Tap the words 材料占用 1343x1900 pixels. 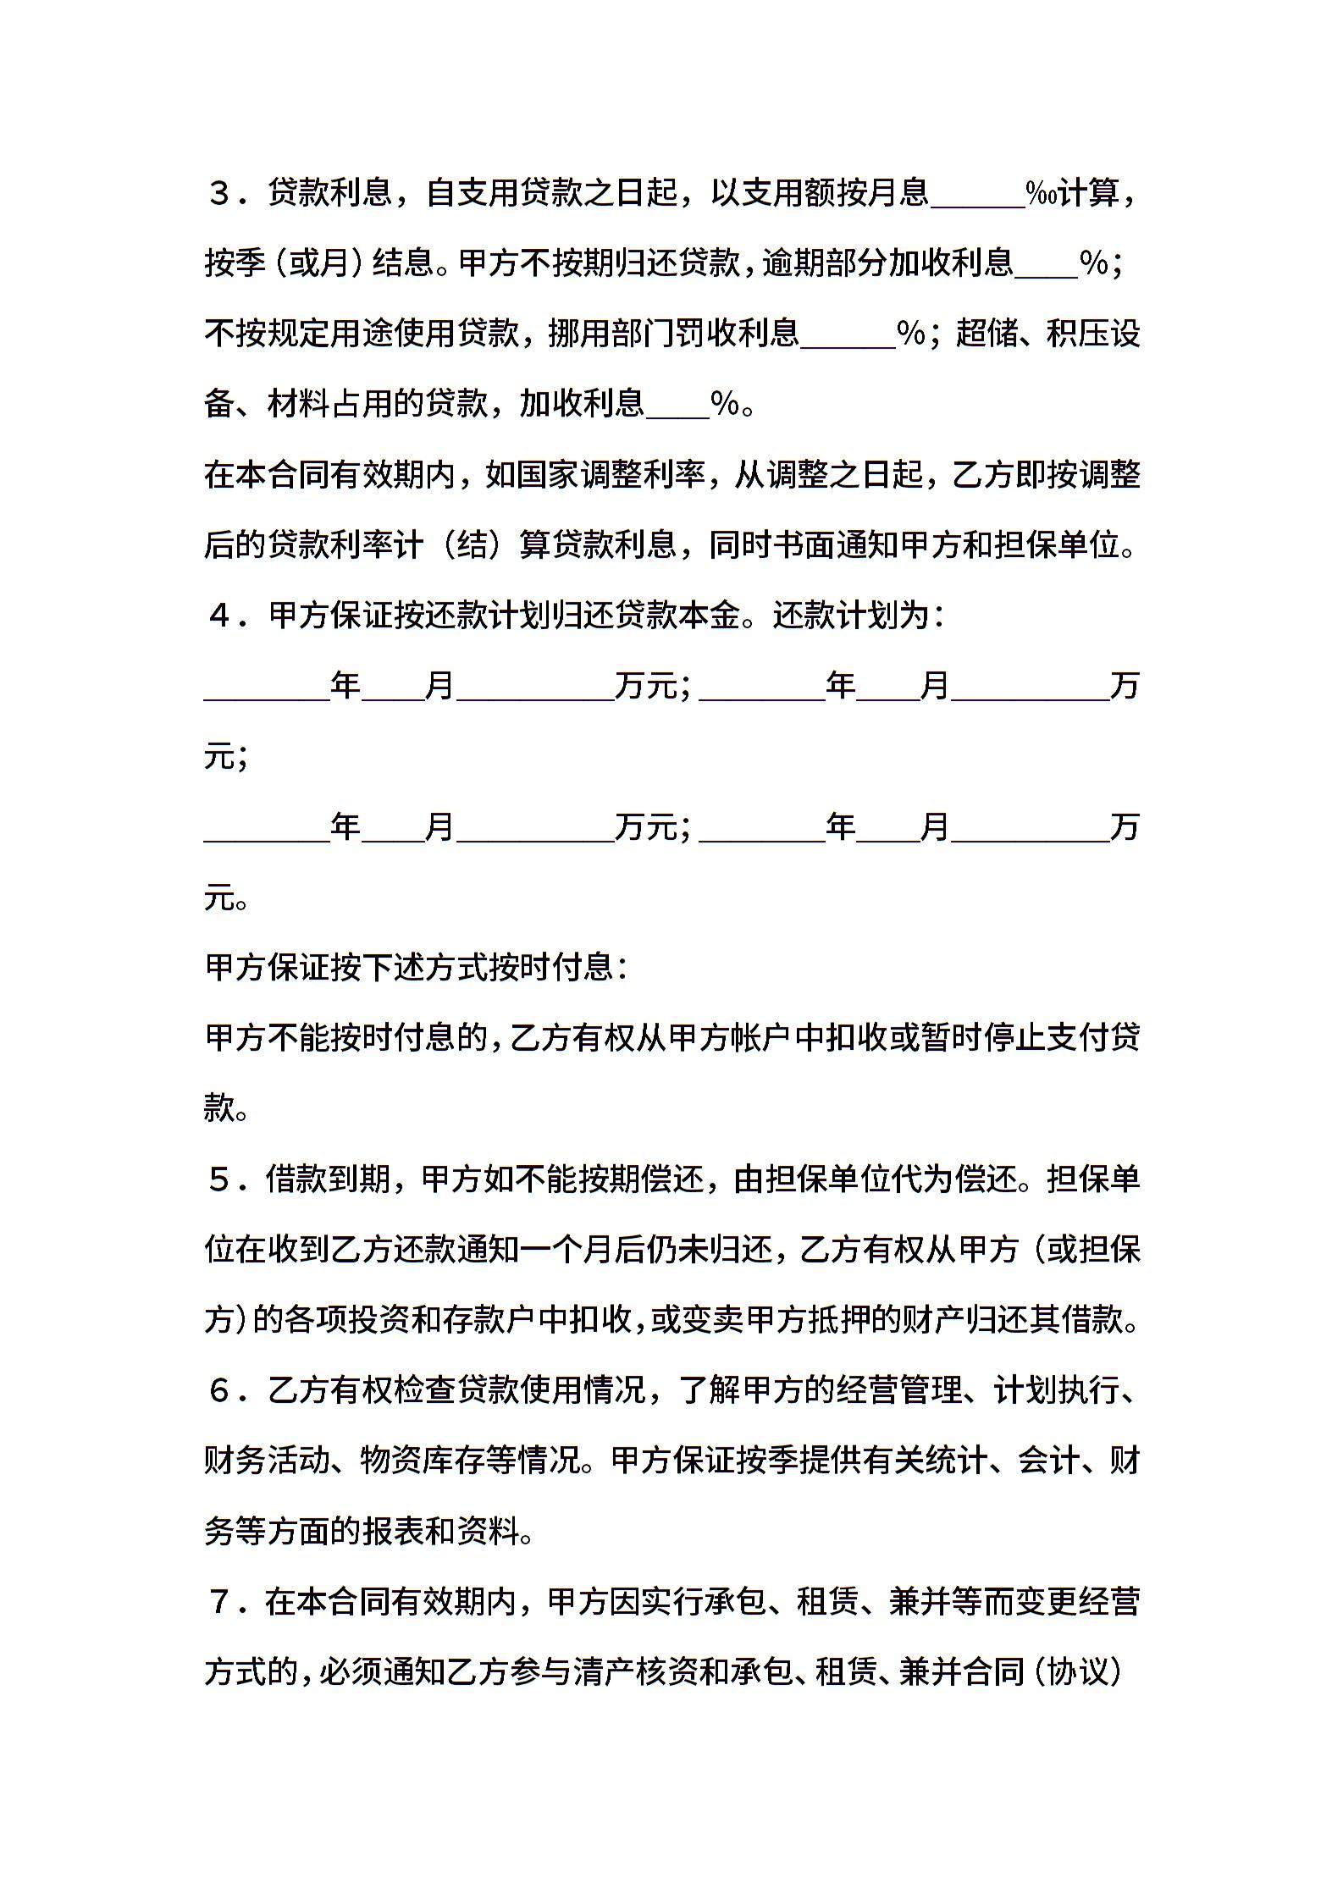330,404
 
